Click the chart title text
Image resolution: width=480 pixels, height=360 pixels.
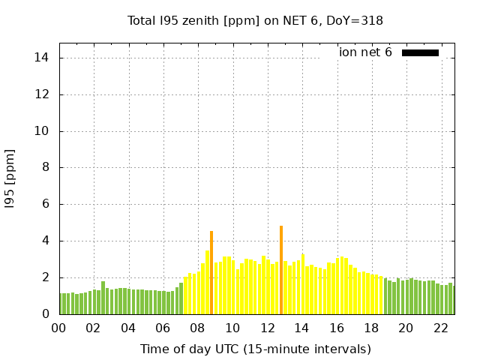[255, 21]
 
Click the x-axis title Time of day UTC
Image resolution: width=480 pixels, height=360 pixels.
[255, 349]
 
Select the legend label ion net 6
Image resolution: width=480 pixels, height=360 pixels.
[365, 52]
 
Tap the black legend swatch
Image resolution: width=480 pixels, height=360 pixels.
[420, 52]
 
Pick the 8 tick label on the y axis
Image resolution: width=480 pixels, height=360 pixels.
[45, 168]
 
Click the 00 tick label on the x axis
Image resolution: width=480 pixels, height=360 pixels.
[58, 328]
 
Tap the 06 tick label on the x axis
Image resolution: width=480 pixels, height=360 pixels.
[163, 328]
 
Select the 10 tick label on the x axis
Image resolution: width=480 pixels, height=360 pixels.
[232, 328]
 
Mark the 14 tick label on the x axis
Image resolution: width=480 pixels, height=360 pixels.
[301, 328]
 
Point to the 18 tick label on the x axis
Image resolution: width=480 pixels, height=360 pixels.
[371, 328]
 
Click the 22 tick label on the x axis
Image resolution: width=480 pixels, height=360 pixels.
[440, 328]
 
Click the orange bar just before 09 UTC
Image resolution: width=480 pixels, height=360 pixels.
[211, 274]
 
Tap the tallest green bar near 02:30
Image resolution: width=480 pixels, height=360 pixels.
[103, 298]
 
